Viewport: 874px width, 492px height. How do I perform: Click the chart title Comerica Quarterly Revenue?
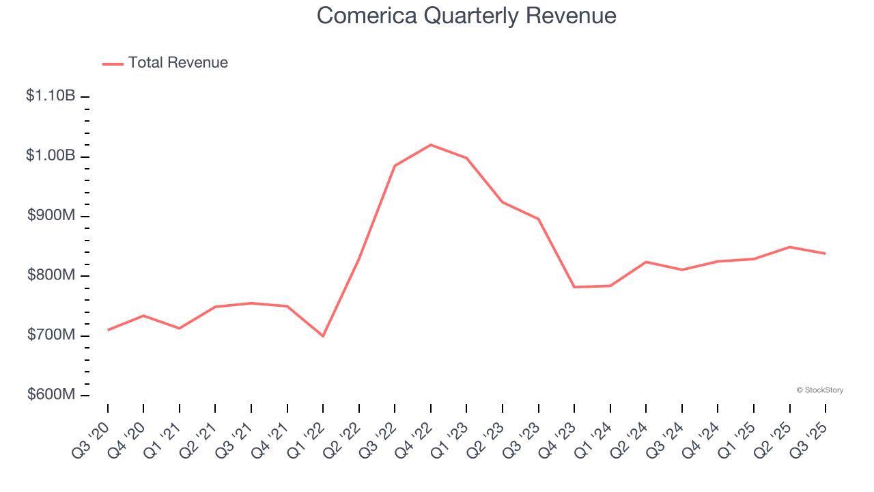click(x=466, y=16)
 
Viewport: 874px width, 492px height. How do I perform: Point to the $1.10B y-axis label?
click(x=51, y=96)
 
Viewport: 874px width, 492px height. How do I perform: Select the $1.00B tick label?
click(x=51, y=156)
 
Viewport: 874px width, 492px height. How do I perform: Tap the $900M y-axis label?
click(x=51, y=216)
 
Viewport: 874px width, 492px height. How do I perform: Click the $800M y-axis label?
click(x=51, y=275)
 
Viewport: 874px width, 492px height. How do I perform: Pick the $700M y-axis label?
click(x=51, y=336)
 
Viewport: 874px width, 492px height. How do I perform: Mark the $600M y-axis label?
click(x=51, y=395)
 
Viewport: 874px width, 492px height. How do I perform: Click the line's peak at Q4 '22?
click(x=431, y=145)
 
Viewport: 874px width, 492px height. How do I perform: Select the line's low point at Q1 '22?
click(x=323, y=336)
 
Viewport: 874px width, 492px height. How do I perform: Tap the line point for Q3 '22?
click(x=395, y=166)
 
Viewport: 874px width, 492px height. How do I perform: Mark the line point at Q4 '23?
click(x=574, y=287)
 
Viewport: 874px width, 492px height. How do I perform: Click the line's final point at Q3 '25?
click(x=826, y=254)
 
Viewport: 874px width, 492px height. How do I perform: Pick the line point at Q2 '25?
click(x=790, y=247)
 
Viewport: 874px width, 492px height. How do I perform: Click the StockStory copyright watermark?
click(x=819, y=390)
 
